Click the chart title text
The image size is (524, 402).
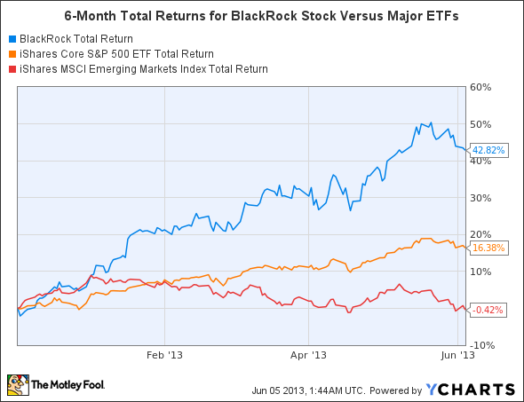coord(263,15)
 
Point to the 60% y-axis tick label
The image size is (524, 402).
coord(480,87)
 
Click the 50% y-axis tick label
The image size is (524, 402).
coord(480,123)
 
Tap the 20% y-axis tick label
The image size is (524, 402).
coord(480,234)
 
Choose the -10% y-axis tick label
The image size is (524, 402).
coord(480,344)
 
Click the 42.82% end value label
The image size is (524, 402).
coord(488,150)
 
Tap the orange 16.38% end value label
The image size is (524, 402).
coord(488,248)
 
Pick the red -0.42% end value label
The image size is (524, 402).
coord(488,310)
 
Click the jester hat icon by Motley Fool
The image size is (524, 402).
coord(18,385)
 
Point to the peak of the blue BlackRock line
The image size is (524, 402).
coord(431,123)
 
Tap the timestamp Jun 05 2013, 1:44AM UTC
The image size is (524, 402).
coord(298,390)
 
